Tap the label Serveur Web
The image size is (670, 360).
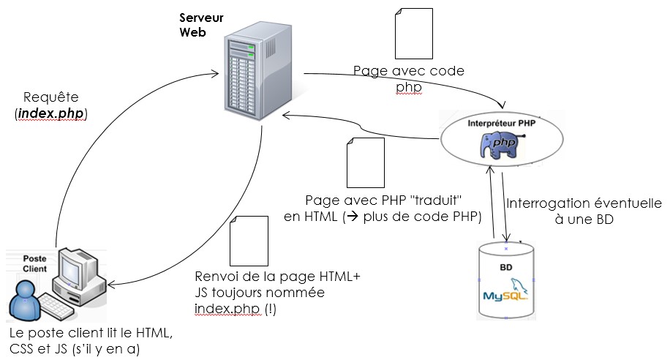201,25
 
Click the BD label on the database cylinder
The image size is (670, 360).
505,268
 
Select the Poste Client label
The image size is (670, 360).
35,263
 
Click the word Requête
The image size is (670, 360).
50,97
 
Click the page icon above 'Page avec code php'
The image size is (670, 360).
410,34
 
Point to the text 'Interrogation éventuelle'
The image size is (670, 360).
584,204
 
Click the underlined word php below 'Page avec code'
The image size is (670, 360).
409,87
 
